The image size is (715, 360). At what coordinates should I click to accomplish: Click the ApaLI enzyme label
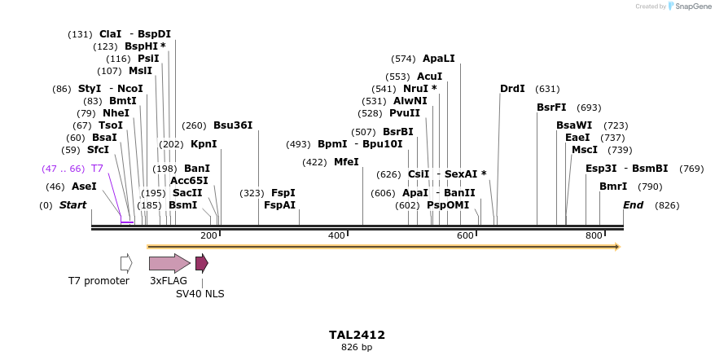coord(438,59)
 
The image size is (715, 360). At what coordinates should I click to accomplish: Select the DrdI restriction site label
coord(512,89)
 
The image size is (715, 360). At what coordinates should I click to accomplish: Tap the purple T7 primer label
coord(97,169)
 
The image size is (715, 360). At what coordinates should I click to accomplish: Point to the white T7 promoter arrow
coord(126,263)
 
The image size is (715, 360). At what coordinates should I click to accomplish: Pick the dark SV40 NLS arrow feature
coord(201,263)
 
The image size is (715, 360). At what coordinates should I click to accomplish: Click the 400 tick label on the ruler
coord(336,235)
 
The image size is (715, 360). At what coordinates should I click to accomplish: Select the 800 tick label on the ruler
coord(594,235)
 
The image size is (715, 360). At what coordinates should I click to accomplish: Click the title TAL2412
coord(357,335)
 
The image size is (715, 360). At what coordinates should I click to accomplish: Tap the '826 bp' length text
coord(357,348)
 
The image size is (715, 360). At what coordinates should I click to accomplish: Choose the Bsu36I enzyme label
coord(233,125)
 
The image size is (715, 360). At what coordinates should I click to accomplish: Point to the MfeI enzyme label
coord(346,162)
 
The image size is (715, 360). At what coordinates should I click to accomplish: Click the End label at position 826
coord(634,205)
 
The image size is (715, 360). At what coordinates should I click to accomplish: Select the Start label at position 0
coord(73,205)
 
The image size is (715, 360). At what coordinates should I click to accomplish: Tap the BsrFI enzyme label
coord(551,108)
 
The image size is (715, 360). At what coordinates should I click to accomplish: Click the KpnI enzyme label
coord(204,144)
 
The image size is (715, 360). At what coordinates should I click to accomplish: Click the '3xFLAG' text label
coord(169,281)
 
